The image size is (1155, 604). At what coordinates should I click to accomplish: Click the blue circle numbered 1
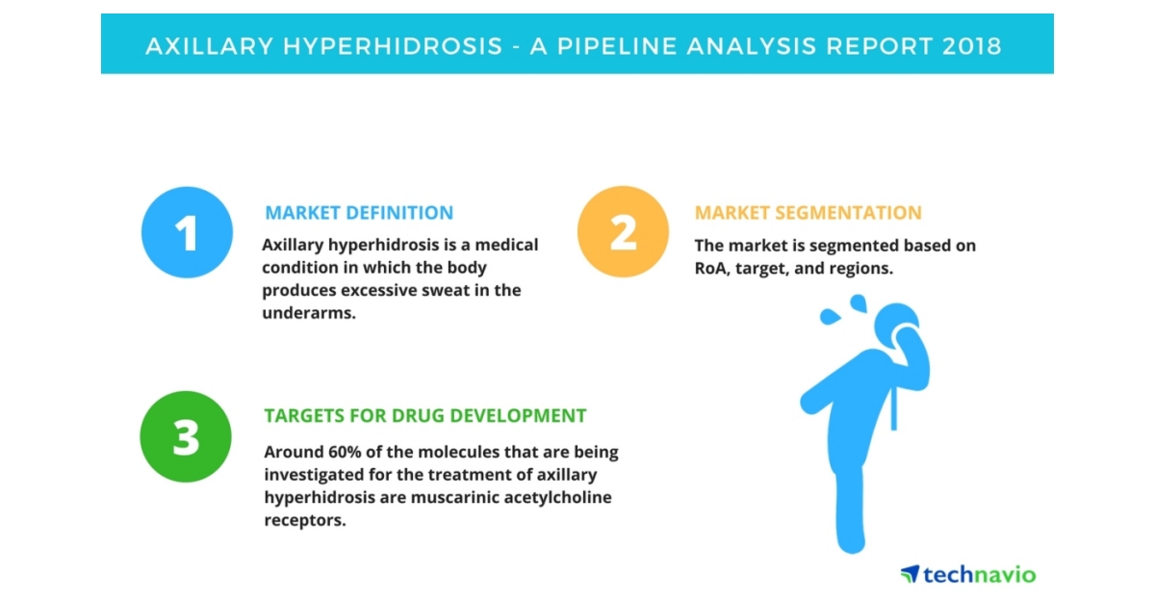click(187, 232)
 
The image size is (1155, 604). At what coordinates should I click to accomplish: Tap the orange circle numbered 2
click(623, 232)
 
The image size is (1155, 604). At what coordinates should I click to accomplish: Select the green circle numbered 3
click(186, 436)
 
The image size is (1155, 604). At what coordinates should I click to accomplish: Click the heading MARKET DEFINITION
click(359, 213)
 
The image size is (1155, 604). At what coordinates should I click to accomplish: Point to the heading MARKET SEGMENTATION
click(808, 213)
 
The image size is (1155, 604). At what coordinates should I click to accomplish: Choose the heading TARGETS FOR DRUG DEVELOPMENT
click(425, 416)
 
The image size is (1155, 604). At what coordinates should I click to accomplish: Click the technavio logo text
click(979, 575)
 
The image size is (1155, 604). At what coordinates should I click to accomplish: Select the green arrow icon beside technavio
click(910, 574)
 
